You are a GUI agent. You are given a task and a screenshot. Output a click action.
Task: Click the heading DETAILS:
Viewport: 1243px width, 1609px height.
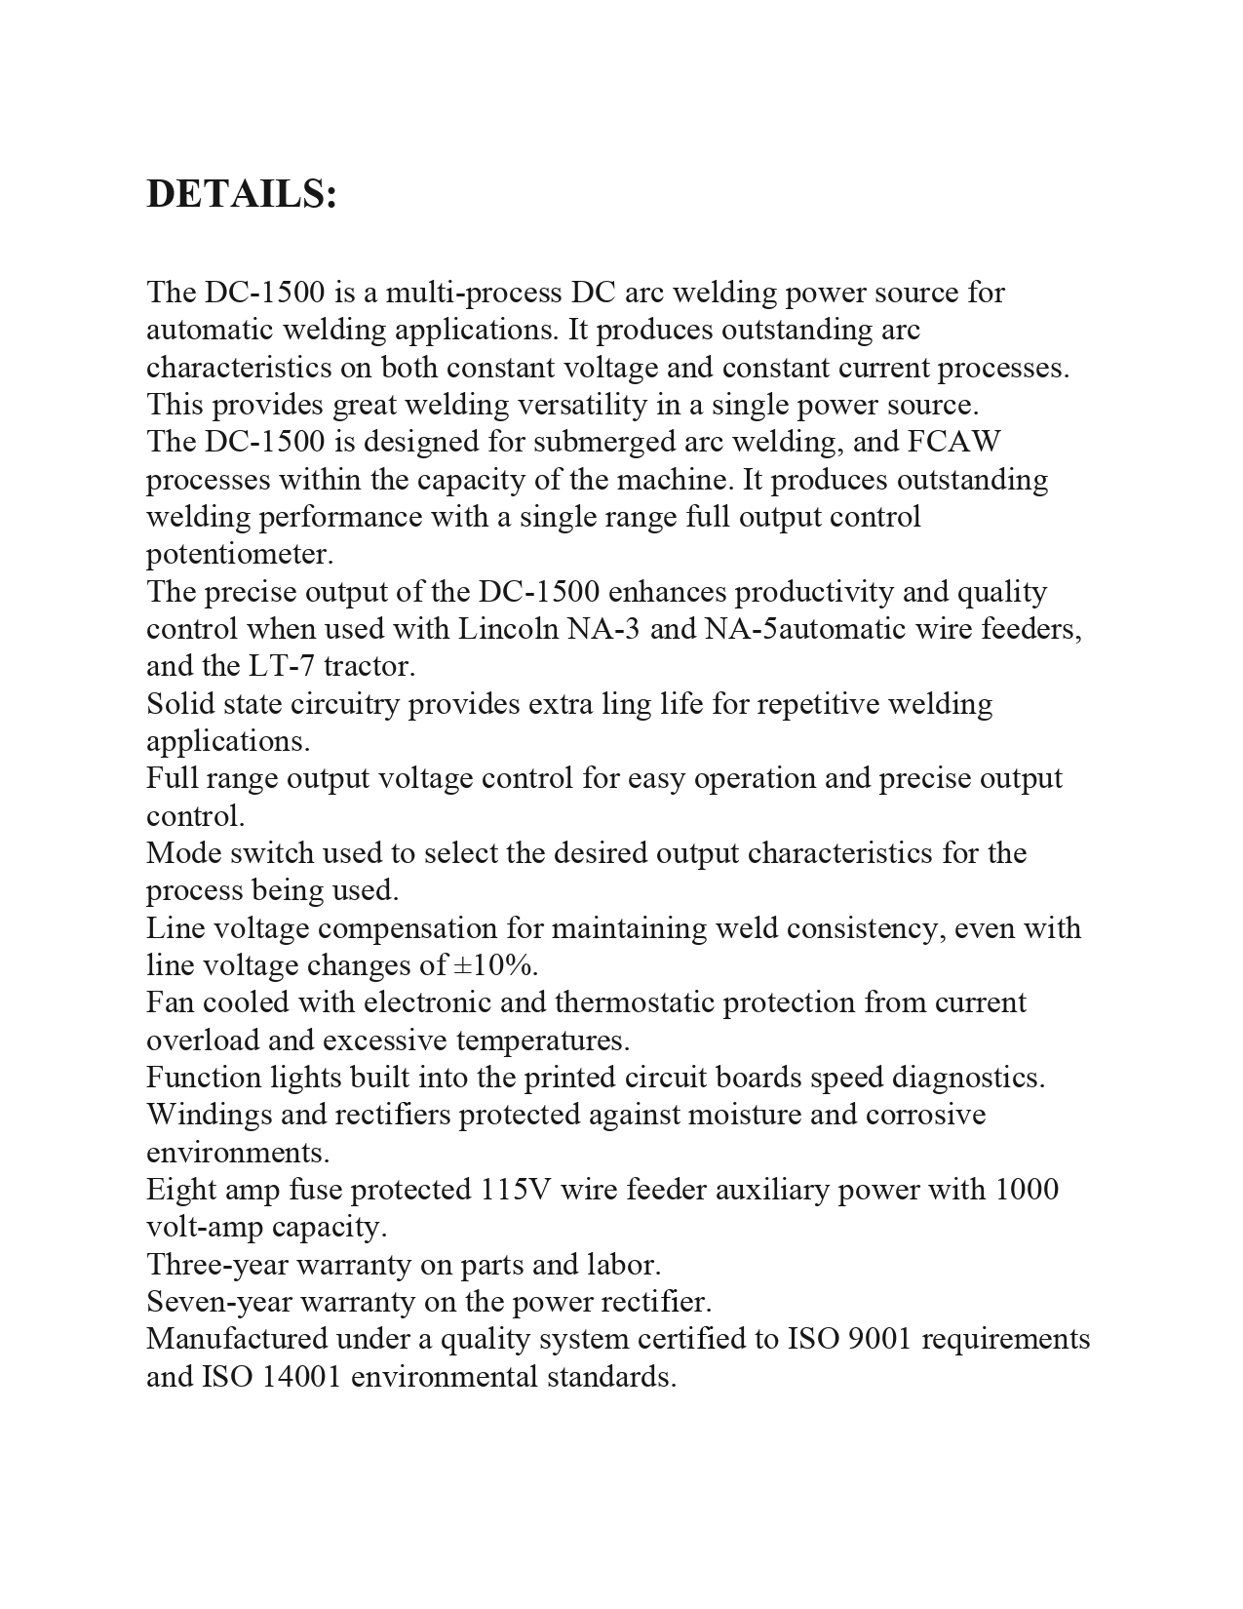pyautogui.click(x=242, y=195)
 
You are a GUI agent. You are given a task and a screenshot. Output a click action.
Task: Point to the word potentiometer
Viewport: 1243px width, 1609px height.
pyautogui.click(x=240, y=555)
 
